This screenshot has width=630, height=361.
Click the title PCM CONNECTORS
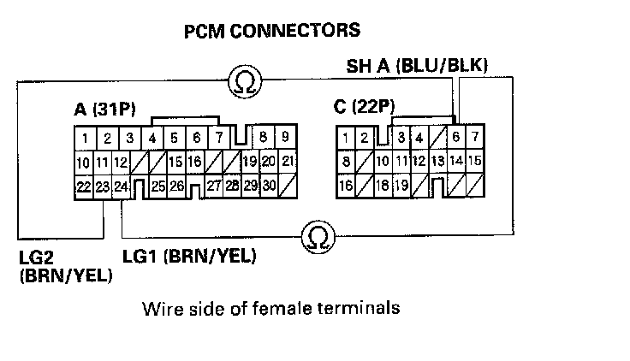[x=272, y=31]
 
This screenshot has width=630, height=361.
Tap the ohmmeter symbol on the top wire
[x=244, y=81]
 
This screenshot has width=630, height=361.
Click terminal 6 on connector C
[x=456, y=137]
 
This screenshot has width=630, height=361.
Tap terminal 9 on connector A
[x=285, y=137]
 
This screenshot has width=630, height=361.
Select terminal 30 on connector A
[x=270, y=186]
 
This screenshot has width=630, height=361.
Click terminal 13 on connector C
[x=437, y=161]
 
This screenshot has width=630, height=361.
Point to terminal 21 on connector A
[x=289, y=161]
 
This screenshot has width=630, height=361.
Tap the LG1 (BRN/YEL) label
[x=190, y=257]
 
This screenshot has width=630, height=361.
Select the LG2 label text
[x=39, y=257]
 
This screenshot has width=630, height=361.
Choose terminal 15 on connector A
[x=175, y=161]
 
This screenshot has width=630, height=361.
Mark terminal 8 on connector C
[x=346, y=161]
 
